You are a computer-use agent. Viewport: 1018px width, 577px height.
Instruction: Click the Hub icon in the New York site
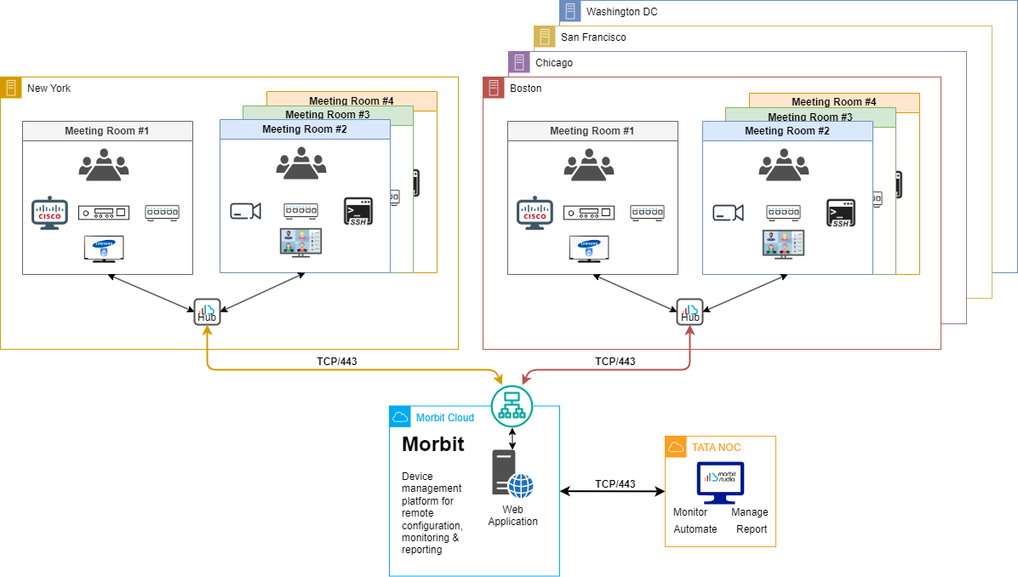tap(207, 311)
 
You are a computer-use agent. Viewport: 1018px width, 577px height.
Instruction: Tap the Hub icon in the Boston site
tap(689, 311)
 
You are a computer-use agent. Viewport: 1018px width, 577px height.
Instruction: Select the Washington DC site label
tap(621, 12)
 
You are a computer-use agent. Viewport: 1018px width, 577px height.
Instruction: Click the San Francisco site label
tap(593, 37)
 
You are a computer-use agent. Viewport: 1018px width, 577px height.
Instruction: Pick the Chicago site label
tap(554, 63)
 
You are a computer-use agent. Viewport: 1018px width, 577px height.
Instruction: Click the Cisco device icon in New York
tap(49, 213)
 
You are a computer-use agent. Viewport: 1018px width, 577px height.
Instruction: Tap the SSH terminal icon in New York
tap(358, 211)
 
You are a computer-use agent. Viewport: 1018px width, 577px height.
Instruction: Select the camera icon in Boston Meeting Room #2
tap(728, 212)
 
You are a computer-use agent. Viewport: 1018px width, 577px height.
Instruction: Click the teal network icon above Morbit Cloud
tap(512, 406)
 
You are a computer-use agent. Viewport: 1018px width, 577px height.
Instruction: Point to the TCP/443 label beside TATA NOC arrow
tap(615, 484)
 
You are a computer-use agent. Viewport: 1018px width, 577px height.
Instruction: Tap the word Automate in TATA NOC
tap(695, 529)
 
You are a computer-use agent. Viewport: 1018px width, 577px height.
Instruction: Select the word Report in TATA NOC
tap(752, 529)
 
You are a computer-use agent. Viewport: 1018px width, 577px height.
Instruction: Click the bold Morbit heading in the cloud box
tap(432, 444)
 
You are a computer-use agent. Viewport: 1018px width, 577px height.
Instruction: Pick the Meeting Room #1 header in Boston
tap(592, 131)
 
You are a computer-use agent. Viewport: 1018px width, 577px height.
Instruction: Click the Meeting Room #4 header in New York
tap(351, 101)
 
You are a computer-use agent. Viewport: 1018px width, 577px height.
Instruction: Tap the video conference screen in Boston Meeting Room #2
tap(783, 243)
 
